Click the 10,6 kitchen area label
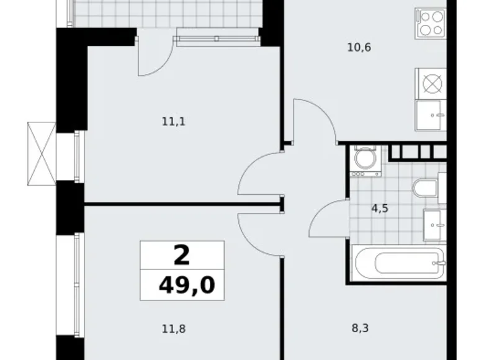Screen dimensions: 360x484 pyautogui.click(x=360, y=47)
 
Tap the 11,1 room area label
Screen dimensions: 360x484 pyautogui.click(x=174, y=122)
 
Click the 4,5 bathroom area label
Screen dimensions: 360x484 pyautogui.click(x=380, y=209)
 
